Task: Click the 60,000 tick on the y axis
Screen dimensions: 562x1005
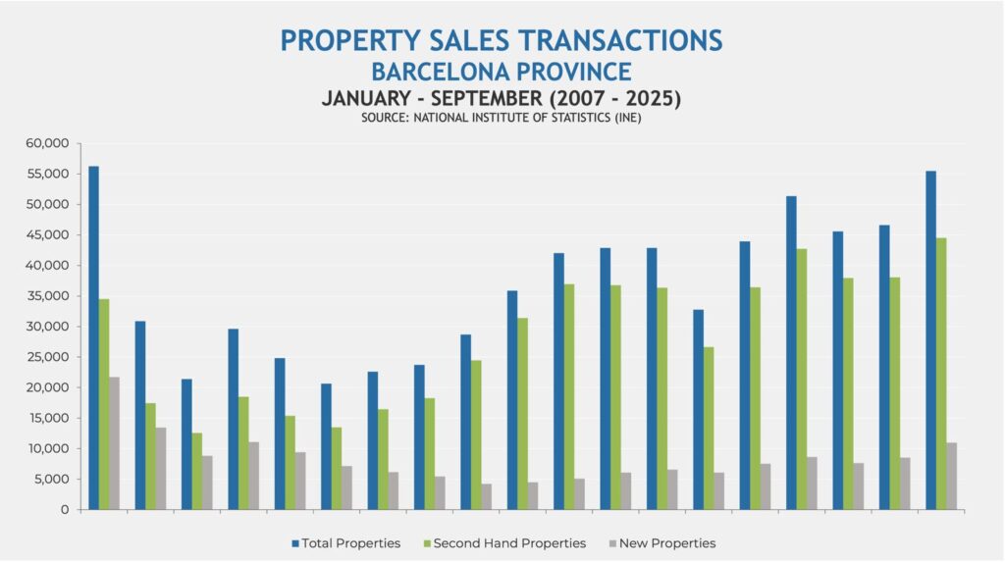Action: click(x=48, y=143)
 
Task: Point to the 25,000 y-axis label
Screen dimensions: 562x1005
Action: click(x=48, y=357)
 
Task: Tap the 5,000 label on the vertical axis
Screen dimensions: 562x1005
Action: click(x=51, y=480)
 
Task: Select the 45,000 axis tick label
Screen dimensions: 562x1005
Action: click(x=48, y=235)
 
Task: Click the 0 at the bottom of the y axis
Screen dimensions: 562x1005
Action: click(x=64, y=510)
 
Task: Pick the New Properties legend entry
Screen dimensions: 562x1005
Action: click(x=666, y=542)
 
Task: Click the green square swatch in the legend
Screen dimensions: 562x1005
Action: click(x=425, y=542)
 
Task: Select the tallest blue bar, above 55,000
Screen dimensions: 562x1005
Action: click(x=93, y=337)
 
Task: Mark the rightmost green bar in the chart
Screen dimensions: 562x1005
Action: click(x=941, y=374)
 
